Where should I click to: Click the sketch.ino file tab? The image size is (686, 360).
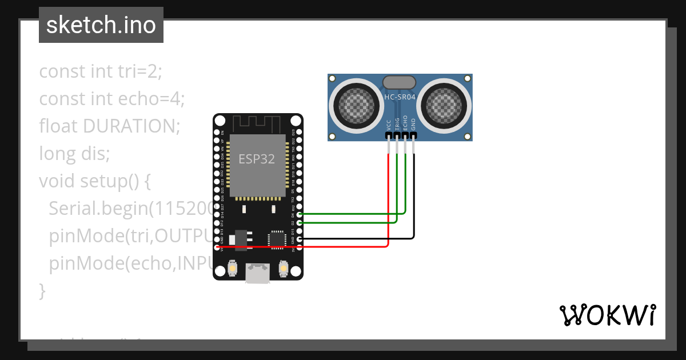point(101,25)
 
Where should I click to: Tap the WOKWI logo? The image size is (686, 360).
point(607,315)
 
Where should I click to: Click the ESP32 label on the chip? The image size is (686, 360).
point(257,159)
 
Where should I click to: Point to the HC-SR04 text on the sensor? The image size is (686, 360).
point(400,97)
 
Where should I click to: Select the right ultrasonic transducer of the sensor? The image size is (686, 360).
point(444,103)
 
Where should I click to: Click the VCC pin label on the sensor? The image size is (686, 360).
point(389,125)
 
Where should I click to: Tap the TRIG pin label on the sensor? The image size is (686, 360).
point(397,124)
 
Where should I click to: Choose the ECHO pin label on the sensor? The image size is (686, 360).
point(405,124)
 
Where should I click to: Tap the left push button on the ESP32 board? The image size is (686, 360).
point(233,267)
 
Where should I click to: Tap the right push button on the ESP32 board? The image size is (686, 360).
point(283,267)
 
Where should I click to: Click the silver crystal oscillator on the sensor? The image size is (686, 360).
point(400,82)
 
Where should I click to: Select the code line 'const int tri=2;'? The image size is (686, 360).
point(101,72)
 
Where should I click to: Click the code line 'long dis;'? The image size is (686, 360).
point(74,154)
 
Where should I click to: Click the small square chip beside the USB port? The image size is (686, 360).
point(277,239)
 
